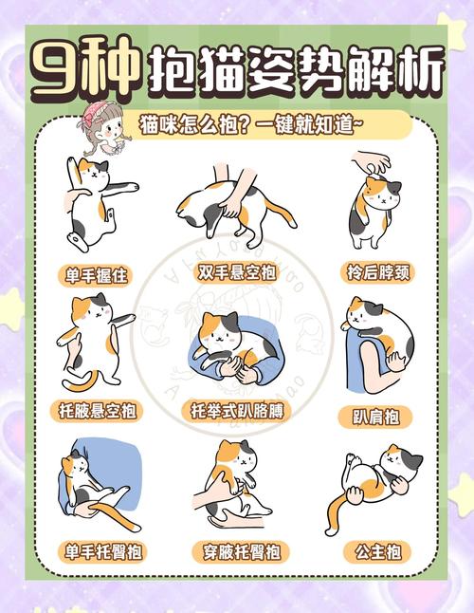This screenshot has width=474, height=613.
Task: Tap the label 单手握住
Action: pyautogui.click(x=96, y=276)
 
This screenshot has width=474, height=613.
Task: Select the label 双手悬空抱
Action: pyautogui.click(x=237, y=273)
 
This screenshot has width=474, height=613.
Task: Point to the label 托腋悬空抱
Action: pyautogui.click(x=96, y=411)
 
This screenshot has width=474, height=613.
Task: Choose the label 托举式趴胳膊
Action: pyautogui.click(x=237, y=411)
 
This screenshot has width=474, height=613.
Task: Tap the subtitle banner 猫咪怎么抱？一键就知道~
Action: pyautogui.click(x=270, y=126)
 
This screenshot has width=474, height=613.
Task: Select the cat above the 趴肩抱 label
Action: pyautogui.click(x=379, y=337)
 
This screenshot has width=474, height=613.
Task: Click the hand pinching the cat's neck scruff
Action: pyautogui.click(x=372, y=162)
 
